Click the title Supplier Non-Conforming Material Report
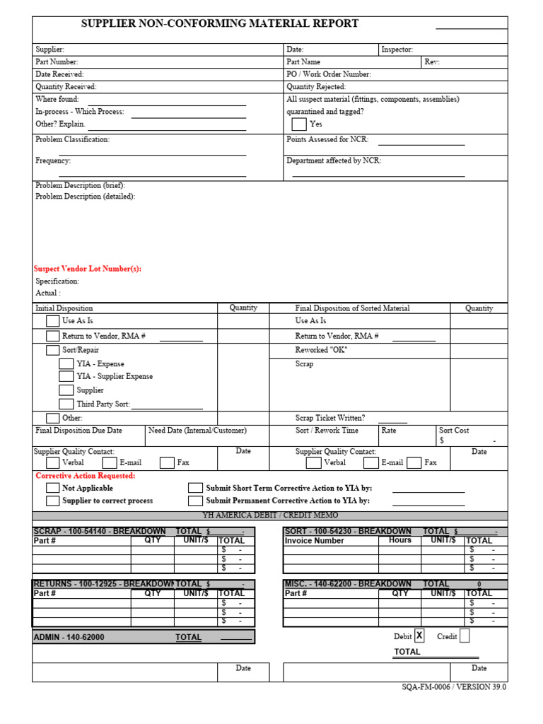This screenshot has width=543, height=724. pos(219,24)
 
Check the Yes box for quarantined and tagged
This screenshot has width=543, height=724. pos(299,124)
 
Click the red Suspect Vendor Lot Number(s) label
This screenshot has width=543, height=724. pos(88,269)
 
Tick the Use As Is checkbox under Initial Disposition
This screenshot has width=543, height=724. pos(53,321)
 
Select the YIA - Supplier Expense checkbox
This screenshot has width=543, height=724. pos(66,377)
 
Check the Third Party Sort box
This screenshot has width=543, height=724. pos(66,404)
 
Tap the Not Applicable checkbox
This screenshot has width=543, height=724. pos(53,488)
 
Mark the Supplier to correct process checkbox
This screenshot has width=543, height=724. pos(53,501)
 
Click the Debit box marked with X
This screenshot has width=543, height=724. pos(419,636)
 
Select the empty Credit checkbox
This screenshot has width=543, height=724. pos(465,636)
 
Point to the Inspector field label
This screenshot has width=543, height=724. pos(397,49)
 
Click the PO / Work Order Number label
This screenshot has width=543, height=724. pos(328,74)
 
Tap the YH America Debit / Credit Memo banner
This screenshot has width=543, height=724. pos(270,515)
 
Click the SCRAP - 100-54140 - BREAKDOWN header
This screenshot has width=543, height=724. pos(100,531)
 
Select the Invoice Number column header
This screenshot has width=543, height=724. pos(314,541)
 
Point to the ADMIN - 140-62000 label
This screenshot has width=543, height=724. pos(69,637)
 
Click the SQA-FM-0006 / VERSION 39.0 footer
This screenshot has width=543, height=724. pos(454,687)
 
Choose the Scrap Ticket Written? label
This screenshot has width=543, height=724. pos(330,418)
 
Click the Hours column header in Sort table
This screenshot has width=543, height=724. pos(399,540)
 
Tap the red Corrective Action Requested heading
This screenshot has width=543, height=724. pos(86,476)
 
